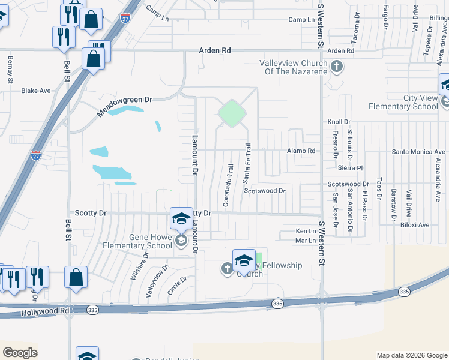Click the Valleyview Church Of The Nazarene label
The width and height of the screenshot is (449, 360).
(x=293, y=67)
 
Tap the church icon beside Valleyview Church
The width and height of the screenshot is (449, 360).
(x=337, y=66)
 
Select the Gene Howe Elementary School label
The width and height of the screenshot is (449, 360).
(x=143, y=241)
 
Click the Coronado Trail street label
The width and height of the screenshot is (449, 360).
(x=228, y=185)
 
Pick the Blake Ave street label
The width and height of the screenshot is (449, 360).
(x=36, y=91)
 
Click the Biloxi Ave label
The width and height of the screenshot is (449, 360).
(x=415, y=225)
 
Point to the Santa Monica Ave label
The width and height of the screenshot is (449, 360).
(x=418, y=152)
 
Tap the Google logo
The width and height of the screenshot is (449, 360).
(x=20, y=353)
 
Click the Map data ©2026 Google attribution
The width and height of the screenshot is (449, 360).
(x=411, y=355)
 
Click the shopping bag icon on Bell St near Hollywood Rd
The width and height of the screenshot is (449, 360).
(x=76, y=277)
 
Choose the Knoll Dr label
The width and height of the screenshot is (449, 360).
(x=339, y=122)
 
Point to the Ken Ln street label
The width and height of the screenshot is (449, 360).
(x=306, y=231)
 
